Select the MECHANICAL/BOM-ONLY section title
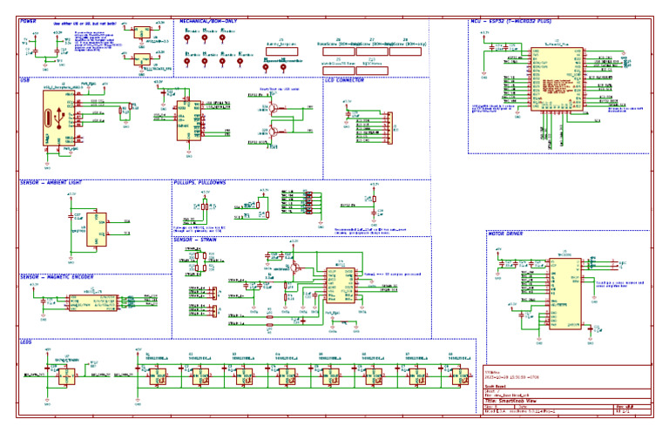pyautogui.click(x=210, y=18)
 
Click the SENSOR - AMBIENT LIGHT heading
pyautogui.click(x=53, y=183)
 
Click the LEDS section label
pyautogui.click(x=26, y=342)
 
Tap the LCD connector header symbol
pyautogui.click(x=389, y=127)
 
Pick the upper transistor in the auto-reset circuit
pyautogui.click(x=274, y=109)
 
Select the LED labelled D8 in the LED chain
pyautogui.click(x=455, y=377)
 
